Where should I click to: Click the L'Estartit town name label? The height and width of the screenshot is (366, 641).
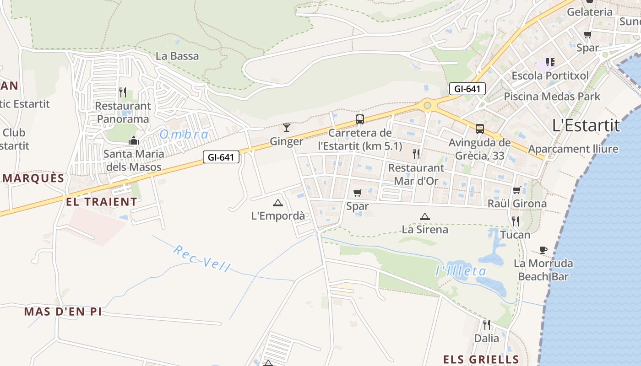pos(586,125)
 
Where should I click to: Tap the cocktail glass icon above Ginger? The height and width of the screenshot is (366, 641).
pos(287,127)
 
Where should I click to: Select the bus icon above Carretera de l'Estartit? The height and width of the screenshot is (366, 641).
pos(360,119)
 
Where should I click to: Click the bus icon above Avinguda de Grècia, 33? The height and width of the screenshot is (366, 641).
pos(479,129)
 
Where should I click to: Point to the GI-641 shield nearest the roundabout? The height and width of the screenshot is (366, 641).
pos(467,89)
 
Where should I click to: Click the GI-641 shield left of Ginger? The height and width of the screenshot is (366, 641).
pos(221,157)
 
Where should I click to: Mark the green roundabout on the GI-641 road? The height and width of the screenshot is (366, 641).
pos(427,106)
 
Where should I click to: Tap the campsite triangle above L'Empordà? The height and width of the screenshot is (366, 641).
pos(277,203)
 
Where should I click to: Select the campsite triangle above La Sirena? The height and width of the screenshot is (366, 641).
pos(424,216)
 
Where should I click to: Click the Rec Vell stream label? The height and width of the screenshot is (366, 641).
pos(202,258)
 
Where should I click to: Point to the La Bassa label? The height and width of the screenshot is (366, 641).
pos(177,56)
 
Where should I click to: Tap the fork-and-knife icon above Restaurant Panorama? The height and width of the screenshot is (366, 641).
pos(123,92)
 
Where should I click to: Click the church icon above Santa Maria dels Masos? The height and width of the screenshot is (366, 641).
pos(134,140)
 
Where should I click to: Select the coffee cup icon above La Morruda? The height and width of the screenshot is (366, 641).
pos(543,250)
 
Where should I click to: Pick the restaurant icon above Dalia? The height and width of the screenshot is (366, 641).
pos(487,325)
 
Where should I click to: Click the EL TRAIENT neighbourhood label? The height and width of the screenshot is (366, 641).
pos(101,202)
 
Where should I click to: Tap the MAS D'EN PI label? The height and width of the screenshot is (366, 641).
pos(63,312)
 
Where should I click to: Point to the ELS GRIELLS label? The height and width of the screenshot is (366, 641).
pos(481,359)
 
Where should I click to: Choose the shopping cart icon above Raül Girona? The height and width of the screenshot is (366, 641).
pos(517,190)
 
